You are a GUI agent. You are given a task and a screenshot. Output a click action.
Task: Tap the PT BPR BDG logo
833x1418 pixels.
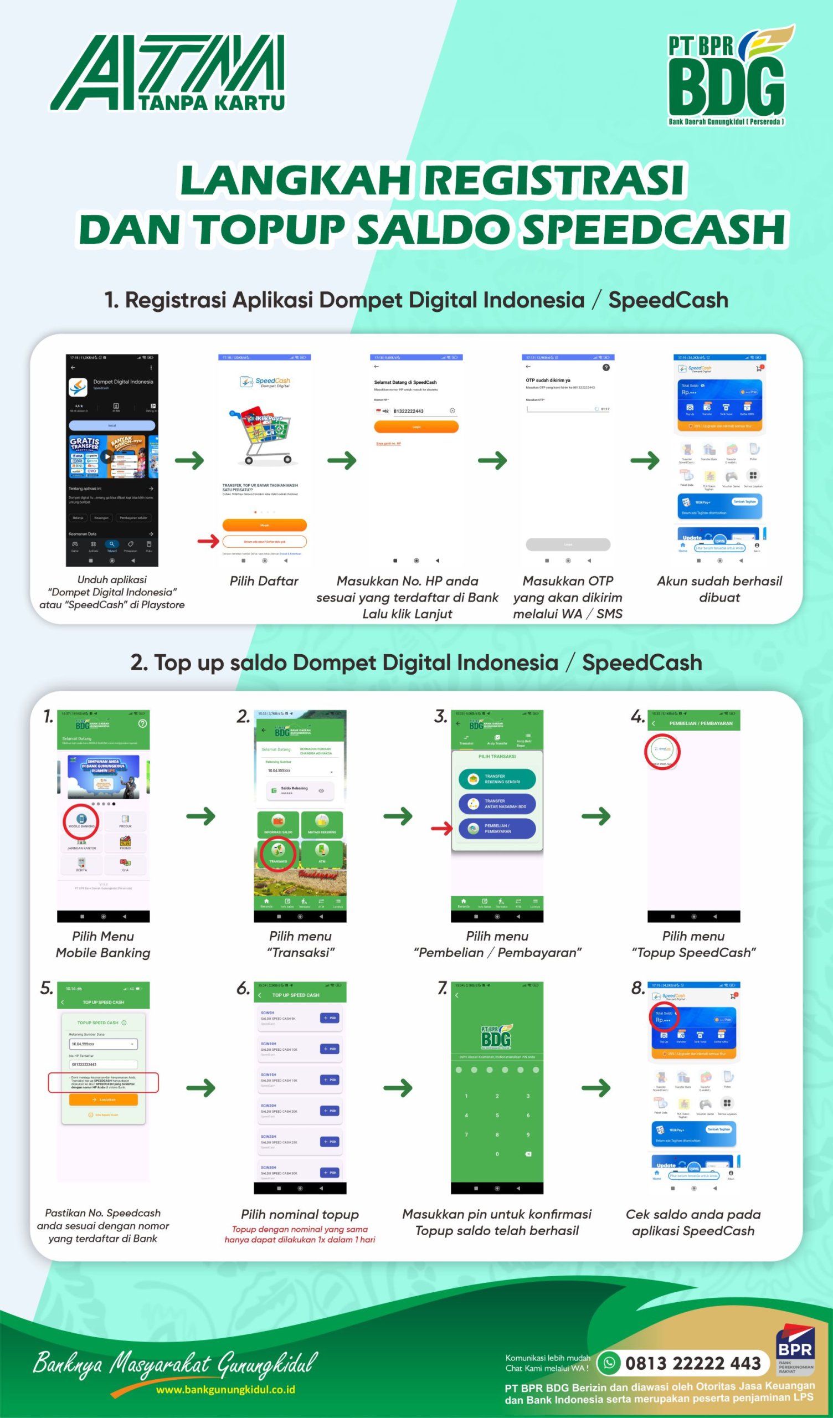[729, 76]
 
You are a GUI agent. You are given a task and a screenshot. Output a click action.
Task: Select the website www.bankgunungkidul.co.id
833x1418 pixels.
[225, 1389]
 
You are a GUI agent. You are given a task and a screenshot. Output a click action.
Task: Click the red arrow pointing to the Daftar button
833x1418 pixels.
[208, 541]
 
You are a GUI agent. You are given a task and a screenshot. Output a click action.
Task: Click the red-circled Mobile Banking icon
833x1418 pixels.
[81, 821]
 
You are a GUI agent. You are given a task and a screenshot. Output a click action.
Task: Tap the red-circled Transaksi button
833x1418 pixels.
[278, 853]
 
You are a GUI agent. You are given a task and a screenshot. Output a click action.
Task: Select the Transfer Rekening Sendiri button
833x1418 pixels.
[497, 779]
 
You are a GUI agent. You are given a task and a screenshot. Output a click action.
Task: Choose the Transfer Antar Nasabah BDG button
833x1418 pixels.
[497, 804]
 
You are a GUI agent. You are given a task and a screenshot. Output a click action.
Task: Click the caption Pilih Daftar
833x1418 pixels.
[264, 580]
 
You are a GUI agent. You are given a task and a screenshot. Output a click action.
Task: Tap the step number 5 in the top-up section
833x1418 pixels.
[46, 988]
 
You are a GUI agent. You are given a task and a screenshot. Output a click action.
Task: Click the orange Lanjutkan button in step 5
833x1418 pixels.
[103, 1099]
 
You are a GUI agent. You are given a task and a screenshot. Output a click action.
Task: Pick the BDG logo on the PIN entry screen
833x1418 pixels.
[496, 1037]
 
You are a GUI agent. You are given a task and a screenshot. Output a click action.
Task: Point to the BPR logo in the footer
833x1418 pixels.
[795, 1349]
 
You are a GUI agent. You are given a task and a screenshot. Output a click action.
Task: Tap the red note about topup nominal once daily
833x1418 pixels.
[300, 1234]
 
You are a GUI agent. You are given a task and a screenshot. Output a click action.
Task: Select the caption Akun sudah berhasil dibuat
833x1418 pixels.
[719, 589]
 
